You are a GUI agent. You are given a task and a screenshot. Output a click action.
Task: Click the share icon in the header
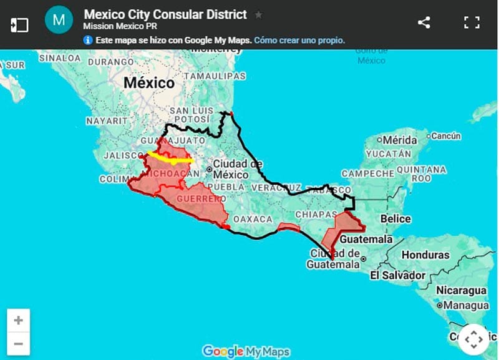coord(424,23)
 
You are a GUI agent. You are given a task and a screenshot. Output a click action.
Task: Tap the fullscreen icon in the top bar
coord(472,23)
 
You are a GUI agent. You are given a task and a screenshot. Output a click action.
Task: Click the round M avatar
coord(59,20)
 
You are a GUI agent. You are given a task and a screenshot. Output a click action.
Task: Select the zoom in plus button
coord(19,321)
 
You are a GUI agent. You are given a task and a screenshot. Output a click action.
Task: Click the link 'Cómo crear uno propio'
coord(299,41)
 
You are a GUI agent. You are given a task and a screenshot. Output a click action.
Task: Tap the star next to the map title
coord(259,14)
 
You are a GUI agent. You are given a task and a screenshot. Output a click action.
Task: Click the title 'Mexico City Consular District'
coord(165,14)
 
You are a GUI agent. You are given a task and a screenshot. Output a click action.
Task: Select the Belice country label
coord(395,219)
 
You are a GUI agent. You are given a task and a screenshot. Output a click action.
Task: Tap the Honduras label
coord(425,255)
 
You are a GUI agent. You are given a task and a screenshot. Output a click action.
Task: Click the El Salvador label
coord(398,275)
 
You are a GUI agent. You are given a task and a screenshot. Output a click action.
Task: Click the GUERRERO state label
coord(200,198)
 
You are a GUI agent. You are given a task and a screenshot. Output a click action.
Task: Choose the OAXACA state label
coord(253,220)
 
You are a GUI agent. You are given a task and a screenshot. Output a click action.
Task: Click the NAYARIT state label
coord(107,120)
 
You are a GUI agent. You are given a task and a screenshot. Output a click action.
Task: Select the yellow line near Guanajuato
coord(170,158)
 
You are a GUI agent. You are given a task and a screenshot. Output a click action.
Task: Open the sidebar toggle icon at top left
coord(20,25)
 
